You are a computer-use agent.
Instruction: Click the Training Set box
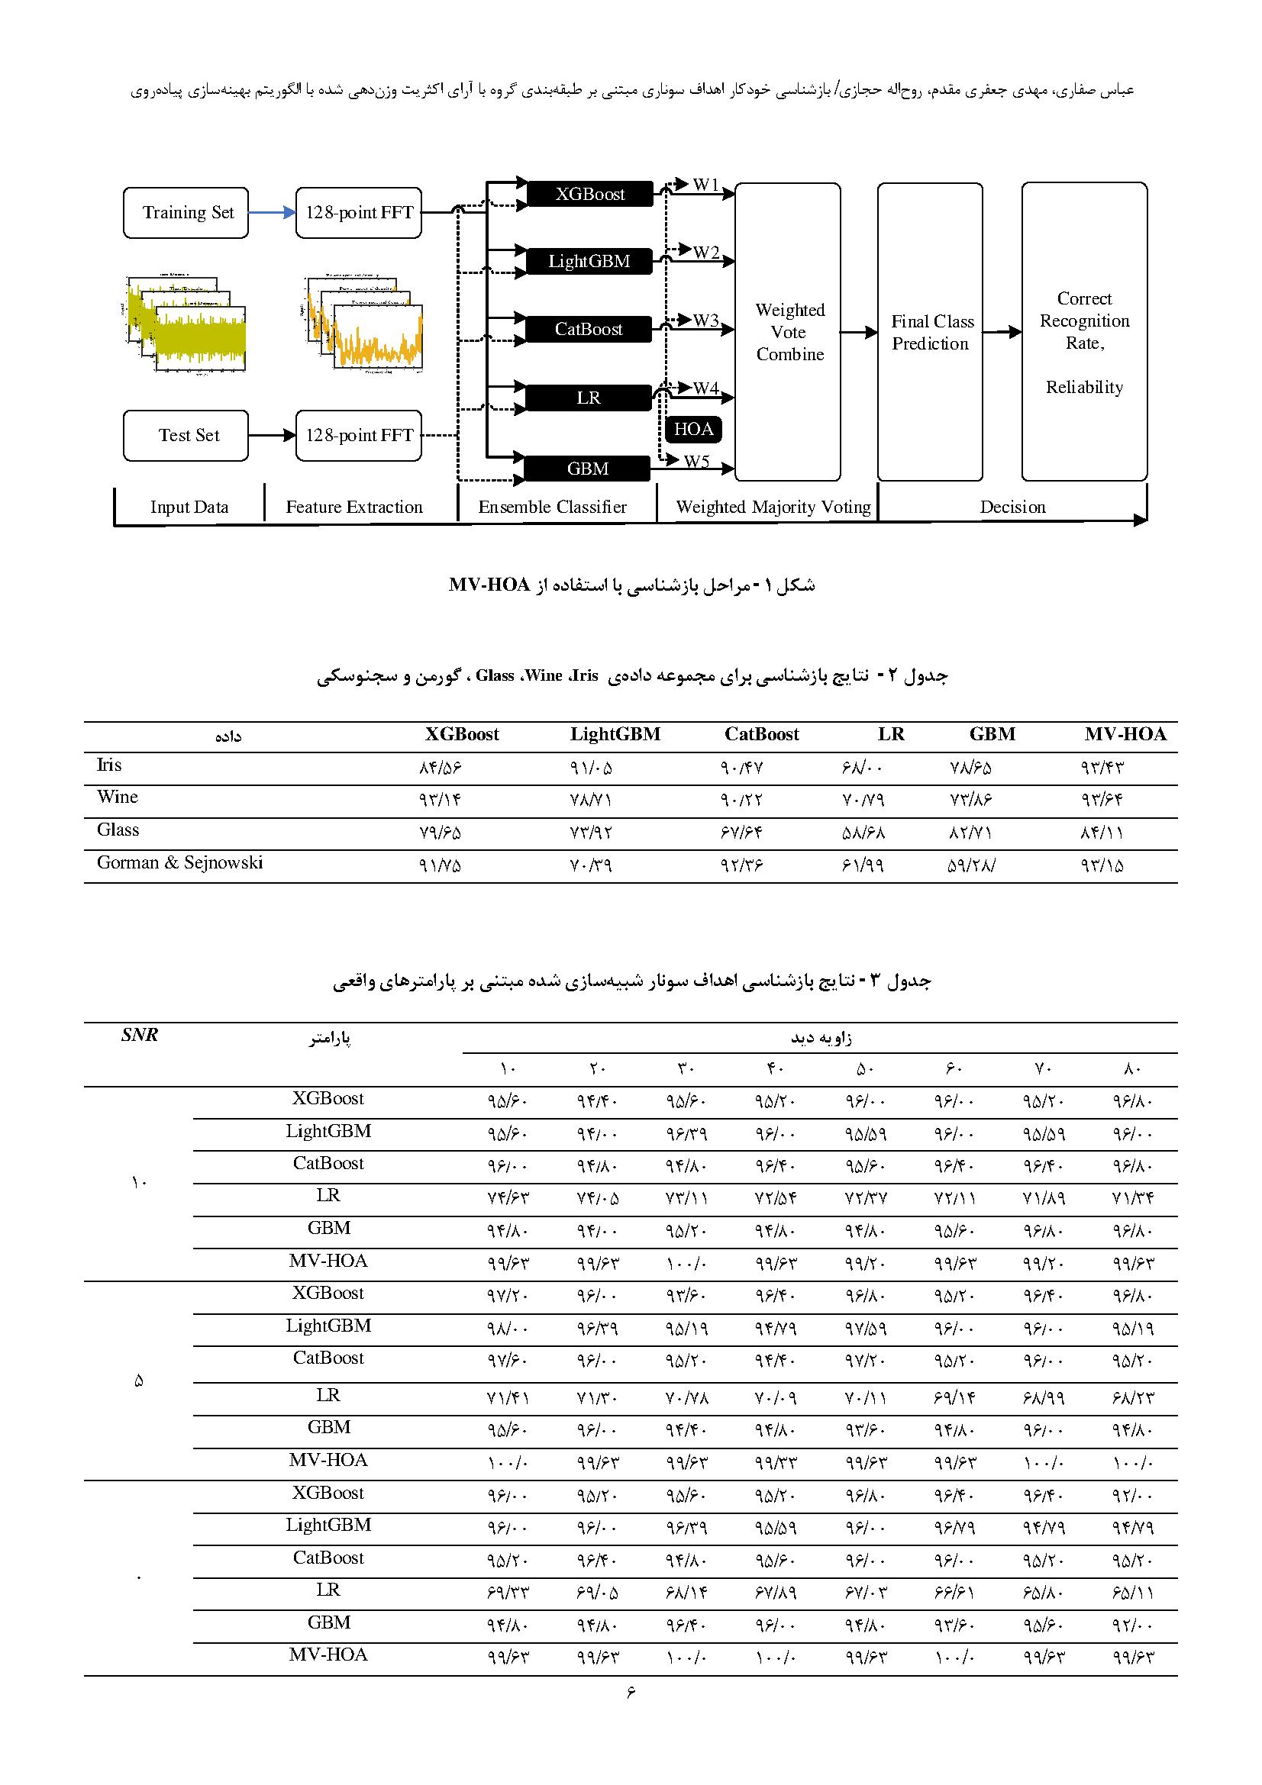click(x=186, y=213)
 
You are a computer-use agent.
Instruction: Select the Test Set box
click(x=186, y=435)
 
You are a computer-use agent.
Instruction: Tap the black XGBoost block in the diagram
click(x=589, y=195)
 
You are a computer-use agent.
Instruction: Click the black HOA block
click(x=692, y=429)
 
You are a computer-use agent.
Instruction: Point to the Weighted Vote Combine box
click(x=789, y=332)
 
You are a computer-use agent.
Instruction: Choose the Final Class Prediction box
click(x=931, y=332)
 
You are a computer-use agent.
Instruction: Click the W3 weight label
click(x=706, y=321)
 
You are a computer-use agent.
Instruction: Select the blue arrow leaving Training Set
click(x=271, y=213)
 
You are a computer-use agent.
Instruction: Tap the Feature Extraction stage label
click(x=353, y=507)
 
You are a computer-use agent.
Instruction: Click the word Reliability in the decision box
click(x=1084, y=387)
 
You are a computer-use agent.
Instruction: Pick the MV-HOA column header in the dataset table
click(x=1125, y=734)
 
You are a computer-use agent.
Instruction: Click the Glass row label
click(x=118, y=830)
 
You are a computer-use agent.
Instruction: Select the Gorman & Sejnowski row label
click(x=179, y=862)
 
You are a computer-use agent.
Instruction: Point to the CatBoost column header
click(x=761, y=734)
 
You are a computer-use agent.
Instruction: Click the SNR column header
click(x=140, y=1035)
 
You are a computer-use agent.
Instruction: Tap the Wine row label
click(x=118, y=797)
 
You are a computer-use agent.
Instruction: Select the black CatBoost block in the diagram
click(x=589, y=330)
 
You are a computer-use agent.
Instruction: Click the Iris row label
click(x=109, y=765)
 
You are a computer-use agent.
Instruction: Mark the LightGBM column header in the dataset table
click(x=615, y=734)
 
